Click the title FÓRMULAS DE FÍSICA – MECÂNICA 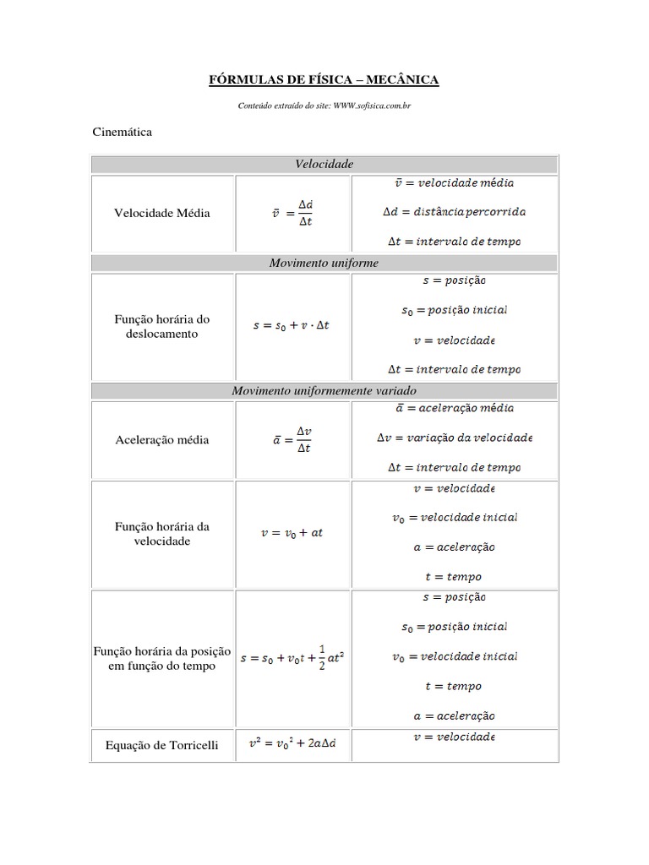point(324,80)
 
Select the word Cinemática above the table point(122,133)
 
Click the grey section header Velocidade point(324,164)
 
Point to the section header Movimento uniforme point(324,264)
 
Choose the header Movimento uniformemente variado point(324,391)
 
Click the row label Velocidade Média point(162,214)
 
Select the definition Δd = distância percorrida point(455,212)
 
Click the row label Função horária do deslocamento point(162,327)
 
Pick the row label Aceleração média point(162,440)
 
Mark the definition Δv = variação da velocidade point(455,438)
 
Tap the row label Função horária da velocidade point(162,534)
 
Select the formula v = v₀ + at point(292,534)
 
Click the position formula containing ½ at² point(292,658)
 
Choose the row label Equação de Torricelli point(162,745)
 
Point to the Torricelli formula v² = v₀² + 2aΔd point(292,744)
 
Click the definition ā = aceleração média point(455,408)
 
